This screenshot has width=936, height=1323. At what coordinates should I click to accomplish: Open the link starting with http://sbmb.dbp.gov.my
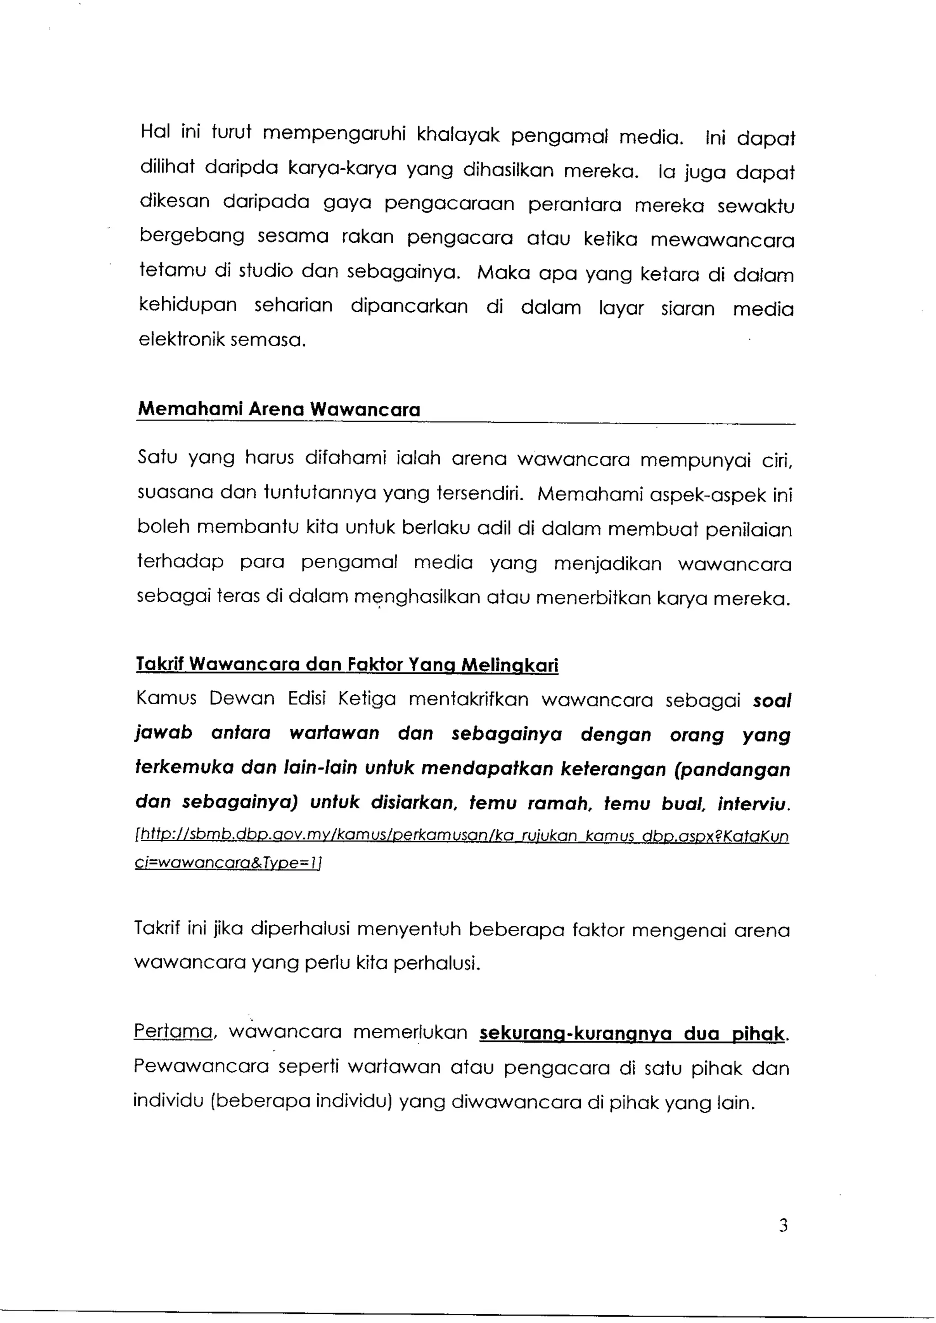coord(461,837)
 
